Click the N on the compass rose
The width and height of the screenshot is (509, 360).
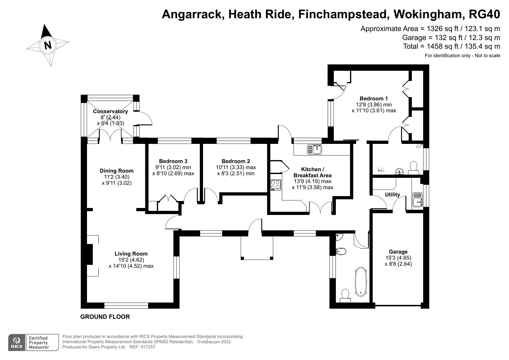tap(48, 45)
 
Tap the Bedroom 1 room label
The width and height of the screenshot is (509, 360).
tap(374, 99)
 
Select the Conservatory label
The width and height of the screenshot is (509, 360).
tap(110, 111)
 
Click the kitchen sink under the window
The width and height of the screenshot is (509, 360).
tap(314, 150)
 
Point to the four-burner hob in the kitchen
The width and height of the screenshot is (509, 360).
tap(276, 185)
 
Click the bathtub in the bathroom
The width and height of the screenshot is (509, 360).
tap(361, 282)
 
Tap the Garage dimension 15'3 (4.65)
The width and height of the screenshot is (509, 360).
tap(398, 258)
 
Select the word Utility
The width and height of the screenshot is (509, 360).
tap(392, 195)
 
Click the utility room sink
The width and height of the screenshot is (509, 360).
tap(417, 200)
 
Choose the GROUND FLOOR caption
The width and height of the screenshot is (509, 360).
tap(105, 317)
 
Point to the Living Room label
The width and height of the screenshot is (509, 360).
tap(131, 254)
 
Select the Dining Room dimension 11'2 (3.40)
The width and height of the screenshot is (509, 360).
tap(117, 177)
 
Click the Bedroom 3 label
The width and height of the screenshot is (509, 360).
tap(173, 161)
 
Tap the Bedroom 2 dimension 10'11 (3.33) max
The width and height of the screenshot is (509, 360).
tap(236, 167)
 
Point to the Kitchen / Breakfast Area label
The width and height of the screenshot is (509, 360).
tap(312, 172)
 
